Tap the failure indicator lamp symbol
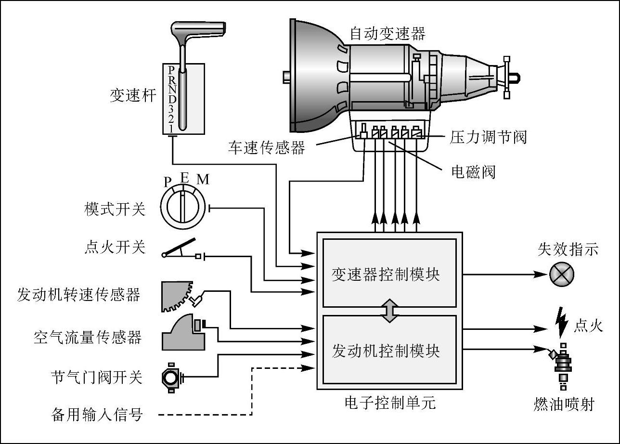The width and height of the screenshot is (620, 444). pos(562,274)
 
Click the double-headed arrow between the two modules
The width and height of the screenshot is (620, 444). pos(389,311)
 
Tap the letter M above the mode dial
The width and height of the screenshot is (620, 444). pos(203,180)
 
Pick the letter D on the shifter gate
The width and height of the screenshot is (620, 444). pos(172,98)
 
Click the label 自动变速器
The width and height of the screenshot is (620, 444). pos(387,34)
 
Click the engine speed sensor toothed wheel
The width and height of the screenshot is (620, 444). pos(175,295)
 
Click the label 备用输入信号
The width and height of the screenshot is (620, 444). pos(97,414)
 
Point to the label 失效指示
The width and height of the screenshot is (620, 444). pos(568,249)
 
